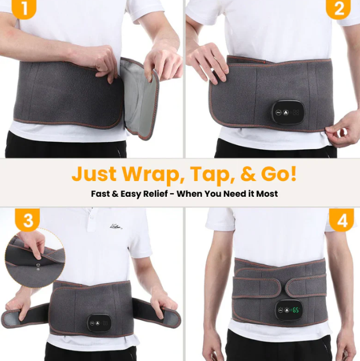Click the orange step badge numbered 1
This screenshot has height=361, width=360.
tap(24, 9)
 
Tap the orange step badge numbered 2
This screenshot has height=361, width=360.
tap(338, 9)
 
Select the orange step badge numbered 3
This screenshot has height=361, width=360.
tap(27, 220)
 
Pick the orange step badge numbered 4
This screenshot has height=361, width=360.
tap(341, 220)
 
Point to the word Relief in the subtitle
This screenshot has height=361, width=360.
tap(155, 194)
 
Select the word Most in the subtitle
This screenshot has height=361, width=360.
tap(267, 194)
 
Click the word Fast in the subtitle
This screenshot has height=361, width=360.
tap(100, 194)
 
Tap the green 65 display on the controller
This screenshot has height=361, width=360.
tap(295, 310)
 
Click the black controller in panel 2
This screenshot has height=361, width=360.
tap(288, 112)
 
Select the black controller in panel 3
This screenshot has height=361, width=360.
tap(99, 323)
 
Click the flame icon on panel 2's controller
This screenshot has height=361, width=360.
tap(286, 113)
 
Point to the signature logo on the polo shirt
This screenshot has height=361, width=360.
tap(116, 227)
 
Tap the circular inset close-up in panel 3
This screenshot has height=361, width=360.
tap(35, 258)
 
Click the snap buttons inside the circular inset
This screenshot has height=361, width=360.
tap(38, 267)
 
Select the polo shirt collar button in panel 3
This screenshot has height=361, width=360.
tap(91, 217)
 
